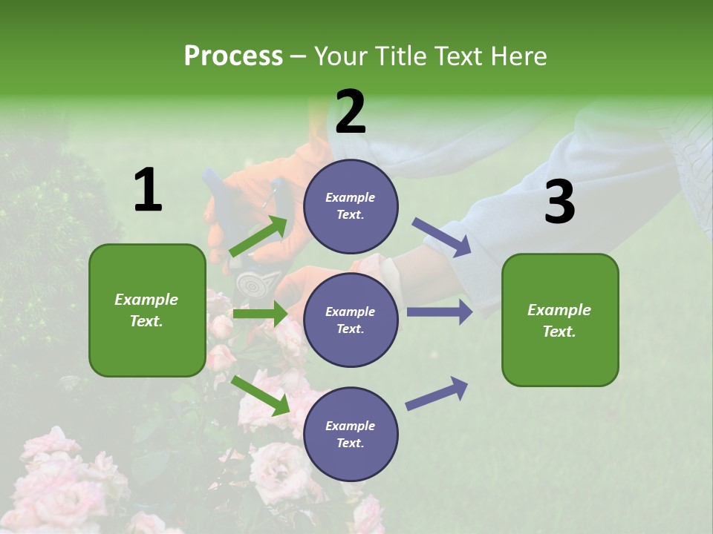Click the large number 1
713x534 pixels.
(x=148, y=191)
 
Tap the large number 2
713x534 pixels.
(x=351, y=112)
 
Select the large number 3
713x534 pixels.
(x=559, y=202)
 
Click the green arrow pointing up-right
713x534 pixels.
(x=259, y=236)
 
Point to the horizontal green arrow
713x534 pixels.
(x=260, y=314)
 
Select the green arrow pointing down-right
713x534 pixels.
(x=261, y=395)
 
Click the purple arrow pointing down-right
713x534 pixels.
(x=442, y=237)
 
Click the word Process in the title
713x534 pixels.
(x=233, y=56)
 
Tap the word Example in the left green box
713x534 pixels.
(x=146, y=300)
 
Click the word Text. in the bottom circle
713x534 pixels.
(x=350, y=444)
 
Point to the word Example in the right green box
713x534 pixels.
(x=559, y=310)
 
